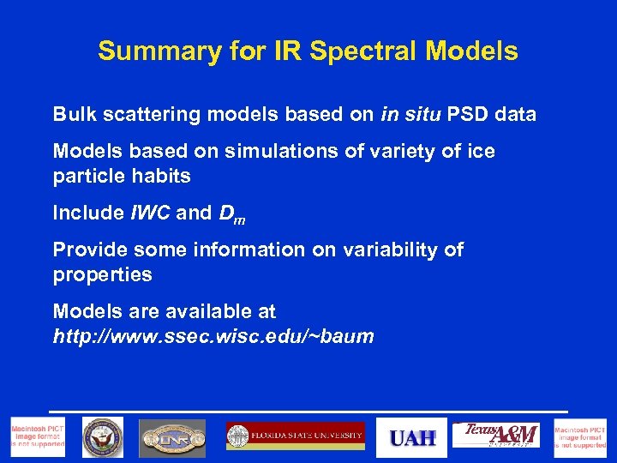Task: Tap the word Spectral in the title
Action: [356, 51]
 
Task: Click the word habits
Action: [161, 176]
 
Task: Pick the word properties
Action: [102, 274]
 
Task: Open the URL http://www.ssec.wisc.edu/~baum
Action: [213, 336]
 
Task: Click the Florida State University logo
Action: [295, 436]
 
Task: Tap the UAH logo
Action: [412, 438]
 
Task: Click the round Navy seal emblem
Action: [102, 437]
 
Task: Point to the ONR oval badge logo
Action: [172, 438]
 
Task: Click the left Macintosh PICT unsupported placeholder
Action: [37, 437]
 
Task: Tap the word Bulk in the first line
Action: [72, 114]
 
